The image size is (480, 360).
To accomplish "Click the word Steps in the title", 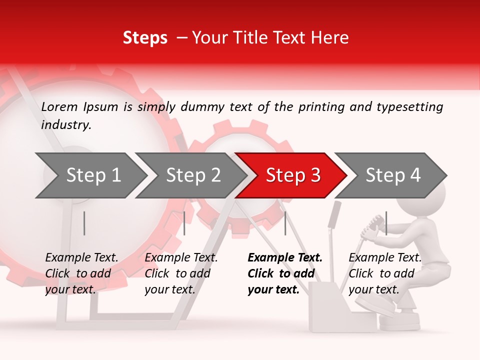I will [x=145, y=38].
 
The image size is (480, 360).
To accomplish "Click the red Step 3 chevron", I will [x=292, y=175].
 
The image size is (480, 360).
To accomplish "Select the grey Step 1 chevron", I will [x=93, y=175].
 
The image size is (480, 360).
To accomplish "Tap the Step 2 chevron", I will [x=193, y=175].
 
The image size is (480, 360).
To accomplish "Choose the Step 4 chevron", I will [x=393, y=175].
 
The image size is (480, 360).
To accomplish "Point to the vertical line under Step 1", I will [x=84, y=223].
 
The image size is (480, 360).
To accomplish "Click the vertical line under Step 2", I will [x=184, y=223].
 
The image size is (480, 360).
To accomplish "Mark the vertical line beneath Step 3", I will [x=285, y=223].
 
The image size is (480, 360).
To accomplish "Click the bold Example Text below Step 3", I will [x=285, y=258].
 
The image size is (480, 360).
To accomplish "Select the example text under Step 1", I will [x=81, y=273].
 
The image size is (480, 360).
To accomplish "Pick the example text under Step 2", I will [x=181, y=273].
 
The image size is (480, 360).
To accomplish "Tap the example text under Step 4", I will [x=384, y=273].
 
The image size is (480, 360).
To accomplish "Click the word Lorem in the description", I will [x=59, y=107].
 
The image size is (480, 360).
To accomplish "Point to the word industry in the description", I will [x=66, y=125].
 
